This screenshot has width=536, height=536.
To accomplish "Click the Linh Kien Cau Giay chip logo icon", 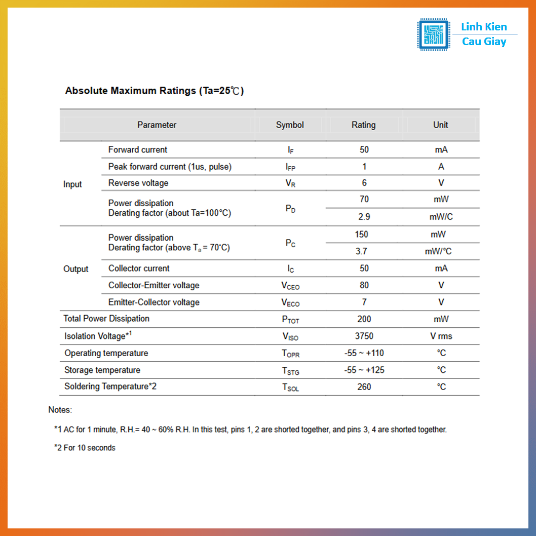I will pos(433,34).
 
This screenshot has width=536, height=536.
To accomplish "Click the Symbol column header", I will pos(290,125).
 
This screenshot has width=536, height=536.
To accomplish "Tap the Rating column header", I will pos(364,125).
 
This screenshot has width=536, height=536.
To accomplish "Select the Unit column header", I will pos(440,125).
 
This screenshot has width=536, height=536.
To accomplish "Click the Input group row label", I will pos(72,184).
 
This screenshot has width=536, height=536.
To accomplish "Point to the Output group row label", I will pos(76,269).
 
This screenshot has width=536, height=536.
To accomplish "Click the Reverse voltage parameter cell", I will pos(138,183).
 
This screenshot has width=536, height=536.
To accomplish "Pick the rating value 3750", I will pos(364,336).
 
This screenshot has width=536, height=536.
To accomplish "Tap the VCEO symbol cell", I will pos(290,286).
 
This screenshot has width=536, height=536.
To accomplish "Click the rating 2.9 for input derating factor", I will pos(364,217).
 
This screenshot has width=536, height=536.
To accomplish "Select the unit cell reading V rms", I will pos(441,336).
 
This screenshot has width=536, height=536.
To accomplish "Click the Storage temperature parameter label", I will pos(102,370).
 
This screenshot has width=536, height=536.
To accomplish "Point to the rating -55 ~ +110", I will pos(364,353).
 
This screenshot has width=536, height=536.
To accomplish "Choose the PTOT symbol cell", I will pos(290,320).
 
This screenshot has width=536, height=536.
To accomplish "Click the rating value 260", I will pos(364,387).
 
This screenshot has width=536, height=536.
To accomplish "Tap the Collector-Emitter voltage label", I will pos(154,285).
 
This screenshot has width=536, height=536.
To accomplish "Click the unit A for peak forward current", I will pos(441,167).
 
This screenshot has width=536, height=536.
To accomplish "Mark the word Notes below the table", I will pos(60,410).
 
